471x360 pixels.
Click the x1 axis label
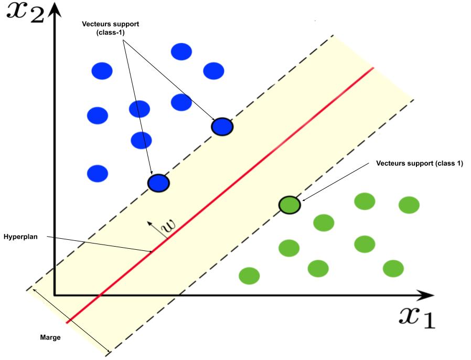417,316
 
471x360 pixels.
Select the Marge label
50,337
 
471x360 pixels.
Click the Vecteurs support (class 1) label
420,163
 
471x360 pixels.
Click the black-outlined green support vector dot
289,205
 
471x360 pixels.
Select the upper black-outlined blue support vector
222,126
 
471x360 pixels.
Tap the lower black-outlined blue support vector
158,183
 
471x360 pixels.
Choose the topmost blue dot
181,51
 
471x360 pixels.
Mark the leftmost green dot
249,275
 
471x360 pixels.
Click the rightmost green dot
409,205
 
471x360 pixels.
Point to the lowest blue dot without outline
97,173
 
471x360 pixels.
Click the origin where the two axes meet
54,295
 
